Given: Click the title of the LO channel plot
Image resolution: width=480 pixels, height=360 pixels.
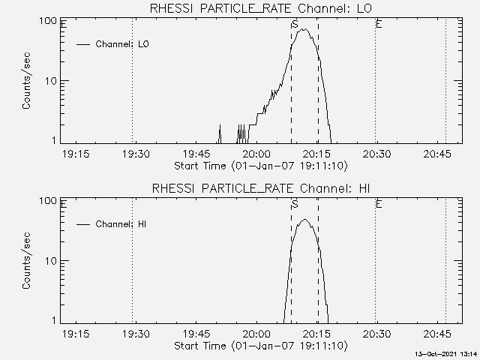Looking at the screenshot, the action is click(261, 8).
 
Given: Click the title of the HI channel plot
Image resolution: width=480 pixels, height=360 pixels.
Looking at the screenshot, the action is click(261, 188).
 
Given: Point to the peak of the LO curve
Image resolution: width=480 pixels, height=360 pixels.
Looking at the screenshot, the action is click(303, 29).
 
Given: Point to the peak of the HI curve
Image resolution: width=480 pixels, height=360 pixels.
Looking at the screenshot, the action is click(304, 220).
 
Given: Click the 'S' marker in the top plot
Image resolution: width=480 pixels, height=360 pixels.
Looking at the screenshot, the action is click(295, 24).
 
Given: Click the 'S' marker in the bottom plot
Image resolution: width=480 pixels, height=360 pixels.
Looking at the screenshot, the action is click(295, 204).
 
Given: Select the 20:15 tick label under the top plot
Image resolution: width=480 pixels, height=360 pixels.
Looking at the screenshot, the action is click(316, 154).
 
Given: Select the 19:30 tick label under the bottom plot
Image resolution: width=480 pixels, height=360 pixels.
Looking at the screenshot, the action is click(136, 334).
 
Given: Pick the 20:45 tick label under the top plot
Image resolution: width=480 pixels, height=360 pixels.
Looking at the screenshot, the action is click(437, 154).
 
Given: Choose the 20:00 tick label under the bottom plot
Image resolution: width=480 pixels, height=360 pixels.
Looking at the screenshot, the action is click(256, 334).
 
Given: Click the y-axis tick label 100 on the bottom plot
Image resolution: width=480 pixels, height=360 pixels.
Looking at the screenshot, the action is click(48, 201).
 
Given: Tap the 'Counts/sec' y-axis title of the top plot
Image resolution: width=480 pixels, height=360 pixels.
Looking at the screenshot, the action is click(26, 81).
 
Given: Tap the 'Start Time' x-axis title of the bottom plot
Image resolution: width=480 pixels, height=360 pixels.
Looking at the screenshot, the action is click(261, 346).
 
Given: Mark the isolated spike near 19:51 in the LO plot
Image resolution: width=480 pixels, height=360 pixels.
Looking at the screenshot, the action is click(220, 133).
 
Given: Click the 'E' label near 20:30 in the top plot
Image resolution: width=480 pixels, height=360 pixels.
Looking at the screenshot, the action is click(379, 24).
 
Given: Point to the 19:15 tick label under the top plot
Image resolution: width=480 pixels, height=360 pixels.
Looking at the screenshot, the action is click(76, 154).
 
